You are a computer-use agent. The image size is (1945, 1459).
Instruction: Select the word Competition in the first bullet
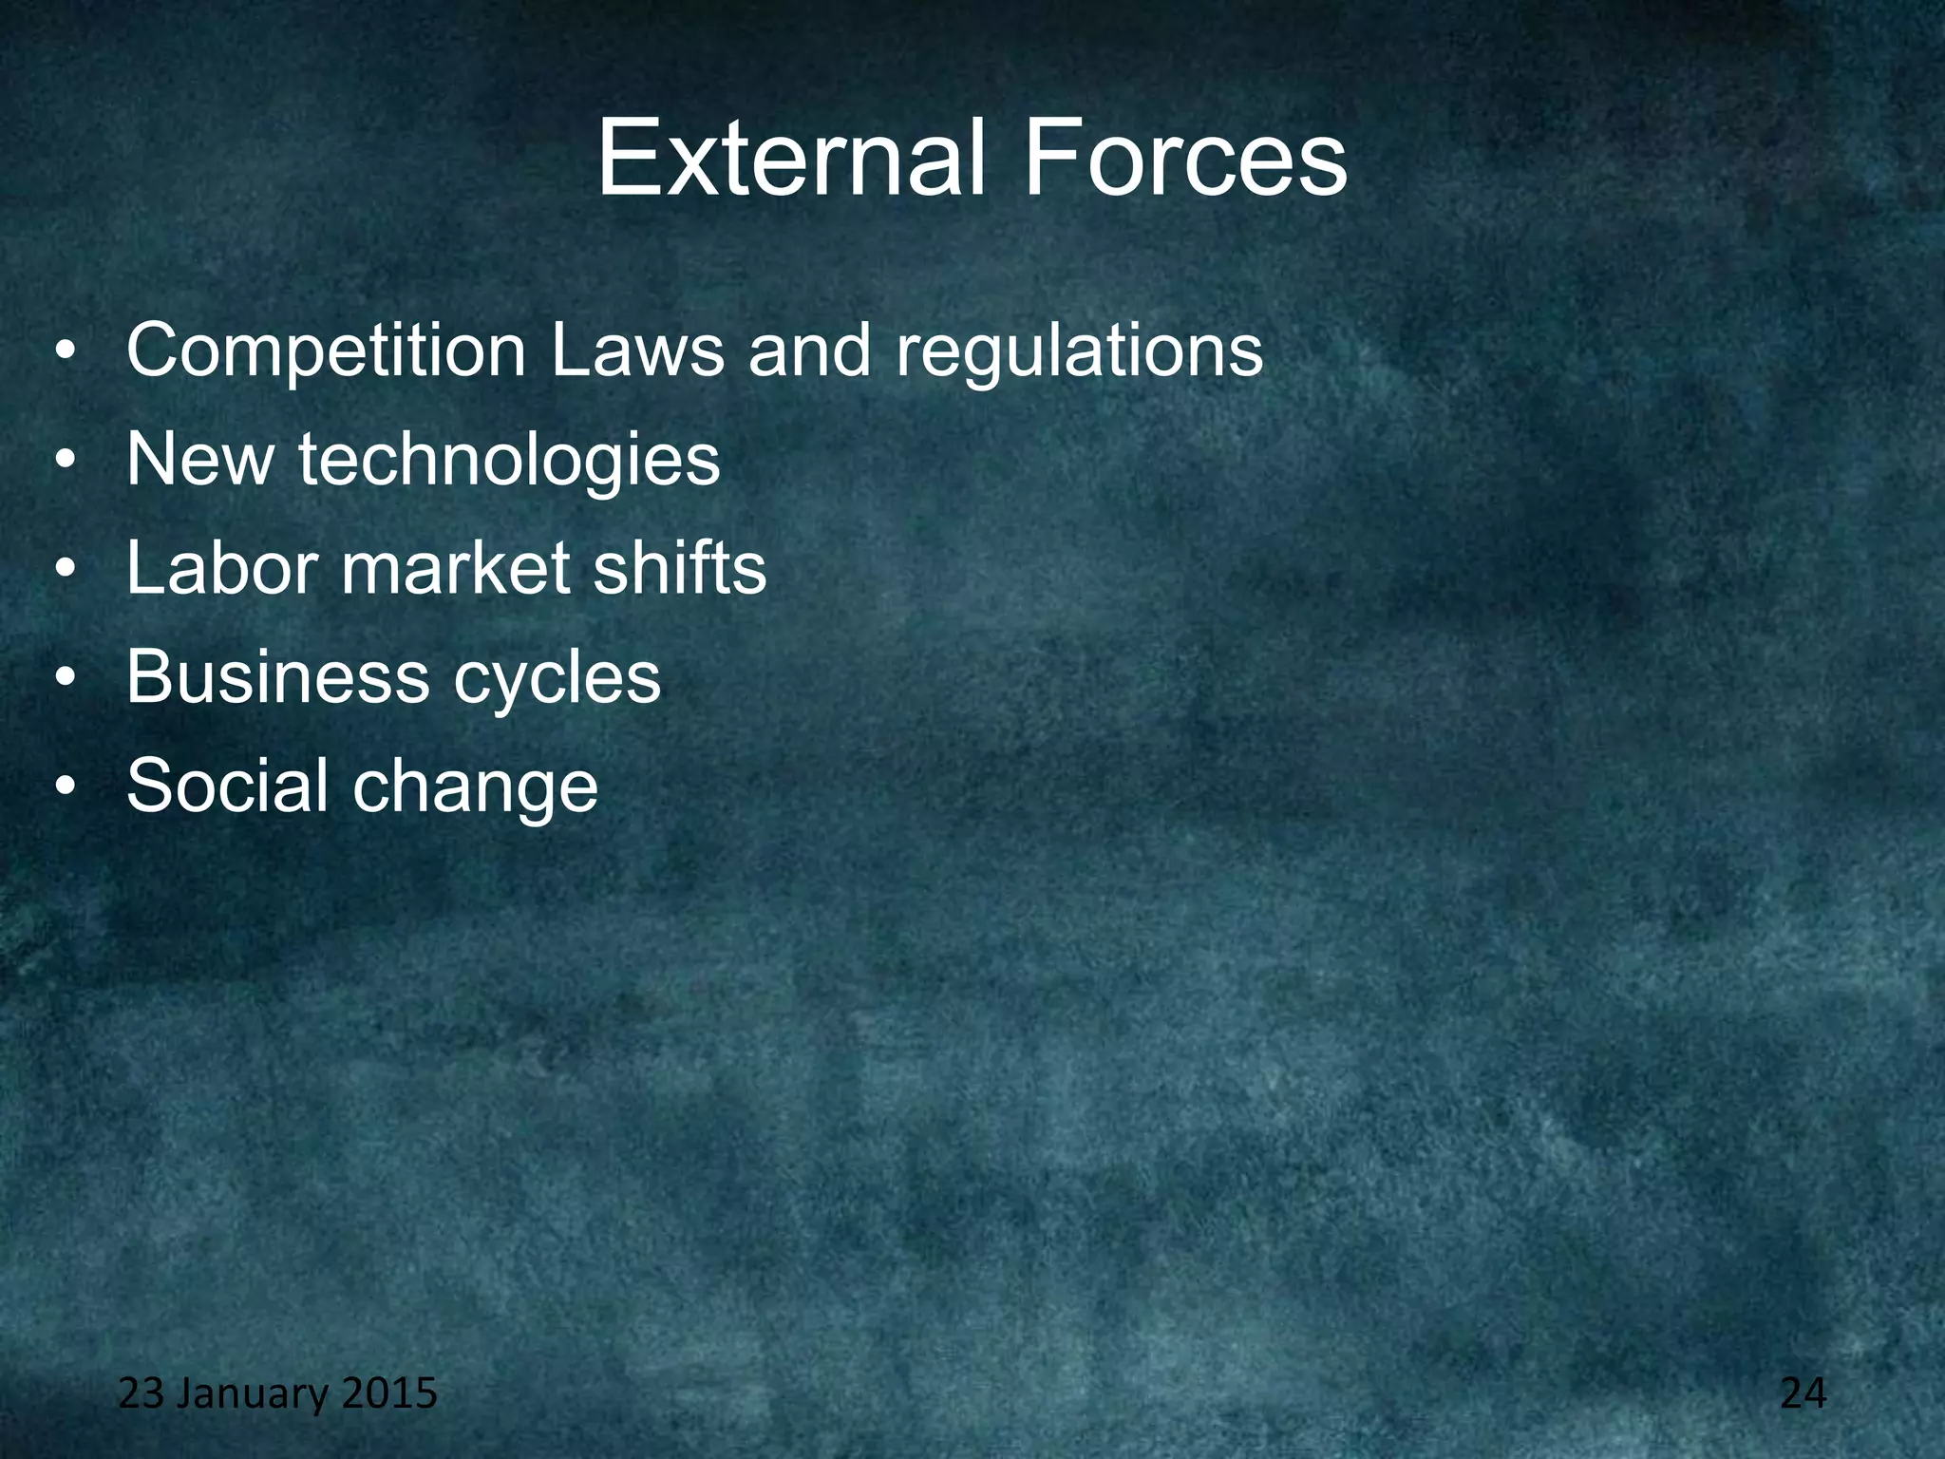(326, 351)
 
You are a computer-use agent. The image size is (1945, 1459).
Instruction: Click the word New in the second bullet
(200, 460)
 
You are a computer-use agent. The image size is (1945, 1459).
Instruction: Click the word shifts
(679, 568)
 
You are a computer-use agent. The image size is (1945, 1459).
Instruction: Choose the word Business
(277, 677)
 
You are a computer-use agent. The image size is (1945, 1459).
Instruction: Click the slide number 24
(1803, 1393)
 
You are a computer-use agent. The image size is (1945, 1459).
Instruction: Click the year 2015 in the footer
(389, 1393)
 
